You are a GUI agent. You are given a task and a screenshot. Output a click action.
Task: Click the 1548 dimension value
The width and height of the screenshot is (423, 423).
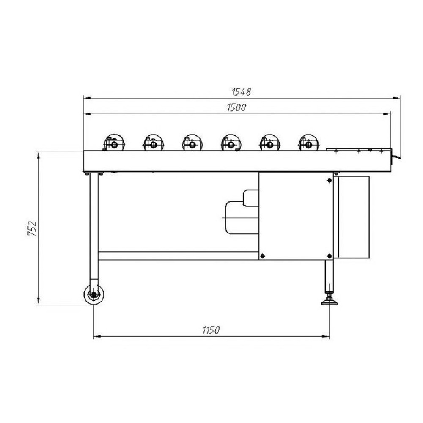pyautogui.click(x=242, y=92)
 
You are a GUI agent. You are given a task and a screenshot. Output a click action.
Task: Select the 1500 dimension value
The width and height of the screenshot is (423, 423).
pyautogui.click(x=236, y=107)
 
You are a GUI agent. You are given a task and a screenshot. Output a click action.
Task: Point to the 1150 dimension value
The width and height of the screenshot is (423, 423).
pyautogui.click(x=211, y=330)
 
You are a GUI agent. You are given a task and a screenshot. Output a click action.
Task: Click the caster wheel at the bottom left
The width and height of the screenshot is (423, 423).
pyautogui.click(x=93, y=294)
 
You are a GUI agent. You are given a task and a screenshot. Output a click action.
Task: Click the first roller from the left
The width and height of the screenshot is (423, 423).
pyautogui.click(x=114, y=143)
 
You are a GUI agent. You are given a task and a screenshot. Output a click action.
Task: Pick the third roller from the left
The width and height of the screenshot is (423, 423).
pyautogui.click(x=192, y=143)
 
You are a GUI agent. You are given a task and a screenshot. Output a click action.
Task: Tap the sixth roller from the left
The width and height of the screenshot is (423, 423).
pyautogui.click(x=309, y=143)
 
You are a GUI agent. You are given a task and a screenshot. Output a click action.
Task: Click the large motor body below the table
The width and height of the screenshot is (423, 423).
pyautogui.click(x=242, y=217)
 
